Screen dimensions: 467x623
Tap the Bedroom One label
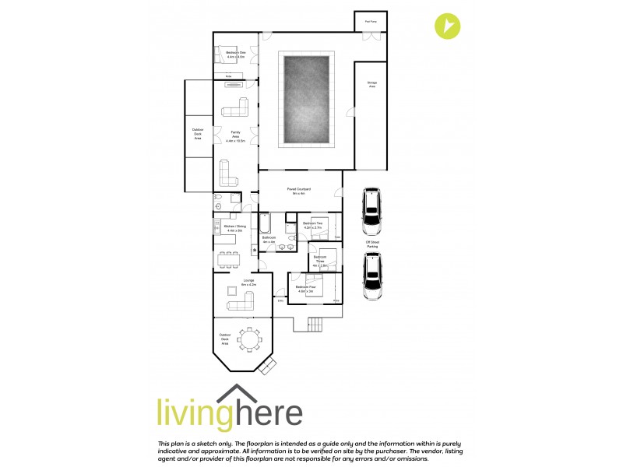click(236, 54)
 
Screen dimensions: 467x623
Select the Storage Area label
click(371, 85)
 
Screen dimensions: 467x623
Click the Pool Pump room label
click(370, 21)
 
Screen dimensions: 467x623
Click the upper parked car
click(372, 211)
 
